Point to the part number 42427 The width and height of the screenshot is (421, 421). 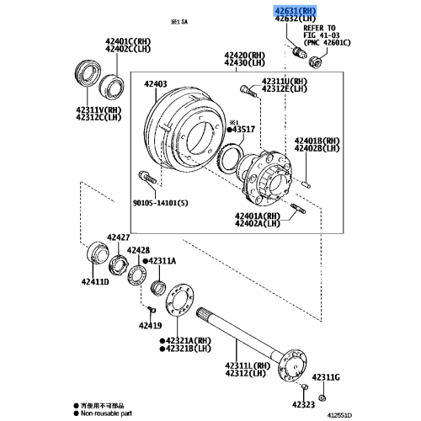[x=117, y=238]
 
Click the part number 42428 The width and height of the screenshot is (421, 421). [x=139, y=251]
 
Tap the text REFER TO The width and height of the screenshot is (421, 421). [x=320, y=29]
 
